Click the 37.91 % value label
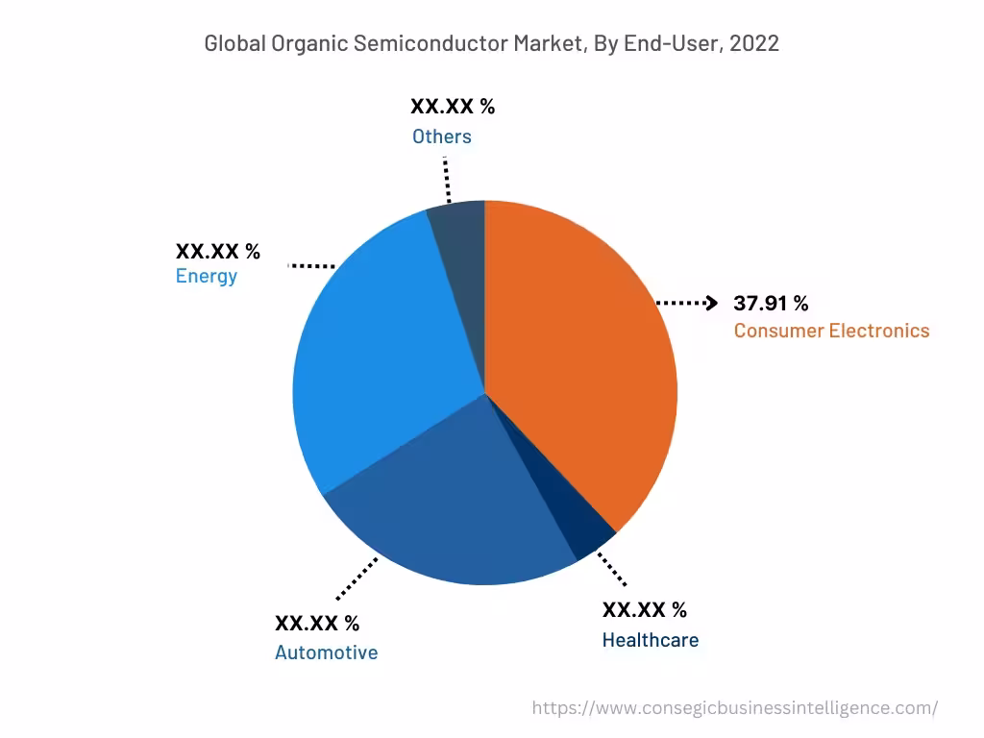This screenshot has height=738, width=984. pos(771,304)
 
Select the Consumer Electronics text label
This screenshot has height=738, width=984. pos(831,331)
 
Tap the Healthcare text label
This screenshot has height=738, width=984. pos(651,640)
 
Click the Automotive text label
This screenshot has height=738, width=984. pos(326,652)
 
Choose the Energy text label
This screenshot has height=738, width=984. pos(206,277)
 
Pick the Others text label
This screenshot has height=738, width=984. pos(442,136)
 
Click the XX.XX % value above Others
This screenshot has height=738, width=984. pos(453,106)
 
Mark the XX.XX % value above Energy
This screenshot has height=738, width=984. pos(217,252)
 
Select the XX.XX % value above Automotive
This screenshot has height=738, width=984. pos(317,623)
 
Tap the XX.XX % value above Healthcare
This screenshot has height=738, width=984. pos(645,610)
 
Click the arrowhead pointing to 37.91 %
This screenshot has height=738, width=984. pos(711,304)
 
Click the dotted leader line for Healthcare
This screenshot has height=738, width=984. pos(611,569)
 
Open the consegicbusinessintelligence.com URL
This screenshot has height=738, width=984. pos(734,708)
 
